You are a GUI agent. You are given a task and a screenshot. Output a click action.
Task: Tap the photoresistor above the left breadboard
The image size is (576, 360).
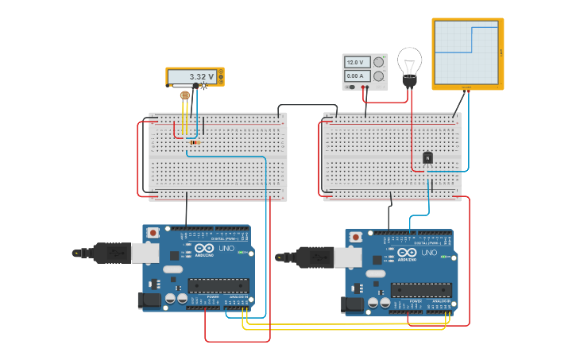(185, 95)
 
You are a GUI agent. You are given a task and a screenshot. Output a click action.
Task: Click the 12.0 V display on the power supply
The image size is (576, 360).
(355, 62)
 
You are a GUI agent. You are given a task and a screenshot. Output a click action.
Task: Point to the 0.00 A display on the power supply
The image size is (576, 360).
(355, 75)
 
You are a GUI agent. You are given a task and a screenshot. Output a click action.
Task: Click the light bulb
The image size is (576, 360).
(410, 64)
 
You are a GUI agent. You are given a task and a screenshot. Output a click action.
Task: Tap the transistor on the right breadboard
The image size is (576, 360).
(427, 158)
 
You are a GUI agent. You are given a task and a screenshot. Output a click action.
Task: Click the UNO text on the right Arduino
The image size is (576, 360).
(428, 253)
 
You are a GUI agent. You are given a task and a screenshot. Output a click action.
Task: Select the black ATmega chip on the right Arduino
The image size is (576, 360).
(420, 290)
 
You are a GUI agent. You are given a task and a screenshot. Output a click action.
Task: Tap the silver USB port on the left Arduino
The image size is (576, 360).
(144, 253)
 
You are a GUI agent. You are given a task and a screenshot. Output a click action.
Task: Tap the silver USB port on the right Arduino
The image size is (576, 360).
(347, 257)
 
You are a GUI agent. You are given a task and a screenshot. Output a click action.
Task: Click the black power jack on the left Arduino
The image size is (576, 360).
(149, 300)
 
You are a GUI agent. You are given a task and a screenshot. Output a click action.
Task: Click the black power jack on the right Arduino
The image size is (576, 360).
(352, 304)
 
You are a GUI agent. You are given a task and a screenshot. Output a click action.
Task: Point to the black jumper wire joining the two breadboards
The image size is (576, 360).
(305, 105)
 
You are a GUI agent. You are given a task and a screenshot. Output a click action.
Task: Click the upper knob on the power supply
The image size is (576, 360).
(378, 62)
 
